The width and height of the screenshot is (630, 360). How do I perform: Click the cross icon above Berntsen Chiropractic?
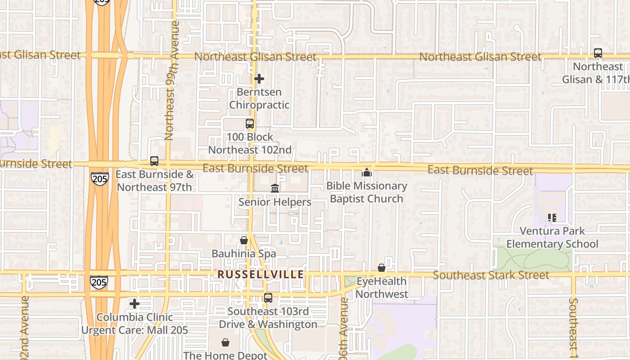[x=259, y=79]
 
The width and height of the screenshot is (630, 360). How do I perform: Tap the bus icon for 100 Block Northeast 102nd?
[x=249, y=124]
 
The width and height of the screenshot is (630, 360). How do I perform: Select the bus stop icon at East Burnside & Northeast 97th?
[x=154, y=161]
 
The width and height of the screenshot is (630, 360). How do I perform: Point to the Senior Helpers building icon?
[x=275, y=188]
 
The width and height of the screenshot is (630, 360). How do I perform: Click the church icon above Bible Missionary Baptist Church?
[x=367, y=172]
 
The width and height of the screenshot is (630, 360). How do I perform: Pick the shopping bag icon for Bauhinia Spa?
[x=244, y=240]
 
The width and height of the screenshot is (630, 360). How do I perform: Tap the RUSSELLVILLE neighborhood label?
[x=261, y=274]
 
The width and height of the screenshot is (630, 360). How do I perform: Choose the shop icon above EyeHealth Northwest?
[x=382, y=268]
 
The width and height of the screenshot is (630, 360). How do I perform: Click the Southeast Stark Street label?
[x=491, y=275]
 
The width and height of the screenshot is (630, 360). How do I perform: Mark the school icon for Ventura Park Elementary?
[x=552, y=218]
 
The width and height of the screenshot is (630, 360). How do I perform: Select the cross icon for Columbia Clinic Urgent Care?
[x=135, y=304]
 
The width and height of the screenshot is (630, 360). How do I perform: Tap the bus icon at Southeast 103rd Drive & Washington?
[x=268, y=297]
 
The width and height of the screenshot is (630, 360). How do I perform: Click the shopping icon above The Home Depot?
[x=225, y=342]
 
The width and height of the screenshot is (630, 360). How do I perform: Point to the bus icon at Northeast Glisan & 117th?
[x=598, y=53]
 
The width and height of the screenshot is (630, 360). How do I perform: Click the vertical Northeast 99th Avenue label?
[x=170, y=81]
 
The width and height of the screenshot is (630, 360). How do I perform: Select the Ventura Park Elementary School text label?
[x=552, y=238]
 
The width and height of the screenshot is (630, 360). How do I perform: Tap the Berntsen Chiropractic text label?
[x=259, y=99]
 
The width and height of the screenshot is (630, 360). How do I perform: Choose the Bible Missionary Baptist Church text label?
[x=366, y=192]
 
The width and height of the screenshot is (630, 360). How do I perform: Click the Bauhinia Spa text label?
[x=244, y=254]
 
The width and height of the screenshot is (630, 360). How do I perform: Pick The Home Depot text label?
[x=225, y=355]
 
